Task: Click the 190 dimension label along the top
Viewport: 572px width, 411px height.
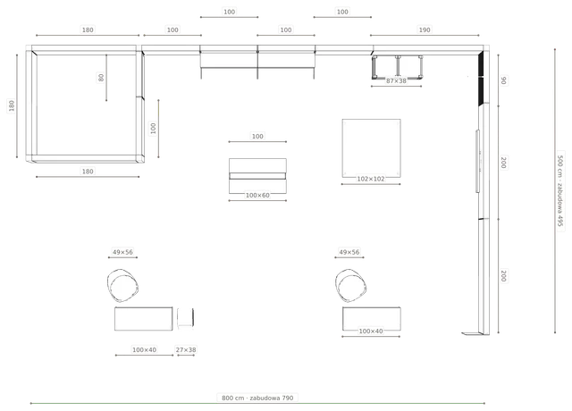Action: coord(425,29)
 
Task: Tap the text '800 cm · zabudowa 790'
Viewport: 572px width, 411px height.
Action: coord(257,398)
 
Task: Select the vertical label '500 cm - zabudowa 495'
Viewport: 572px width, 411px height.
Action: coord(560,190)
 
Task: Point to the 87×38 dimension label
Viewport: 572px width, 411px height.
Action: coord(396,81)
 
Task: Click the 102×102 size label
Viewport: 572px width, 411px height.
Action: coord(371,179)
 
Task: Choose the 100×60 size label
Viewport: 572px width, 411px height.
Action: coord(257,196)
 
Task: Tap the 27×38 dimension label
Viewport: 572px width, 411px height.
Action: coord(186,350)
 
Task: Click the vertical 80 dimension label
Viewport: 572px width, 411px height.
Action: coord(101,78)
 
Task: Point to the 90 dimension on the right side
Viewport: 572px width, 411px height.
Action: coord(503,80)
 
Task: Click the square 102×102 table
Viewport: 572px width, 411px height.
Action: coord(372,148)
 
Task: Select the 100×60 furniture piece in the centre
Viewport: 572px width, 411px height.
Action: coord(257,176)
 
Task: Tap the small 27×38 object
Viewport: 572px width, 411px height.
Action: coord(186,318)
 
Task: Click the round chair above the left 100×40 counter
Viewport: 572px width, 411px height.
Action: coord(123,286)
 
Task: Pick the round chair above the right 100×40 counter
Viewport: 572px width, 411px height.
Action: coord(350,286)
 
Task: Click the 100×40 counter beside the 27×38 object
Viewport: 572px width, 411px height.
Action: coord(143,319)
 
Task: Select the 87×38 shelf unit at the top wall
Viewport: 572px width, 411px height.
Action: coord(397,67)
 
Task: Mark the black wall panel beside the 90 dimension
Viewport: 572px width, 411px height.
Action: coord(481,79)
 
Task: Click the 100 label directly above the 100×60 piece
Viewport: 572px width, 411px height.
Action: coord(257,137)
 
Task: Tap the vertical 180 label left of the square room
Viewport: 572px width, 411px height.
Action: coord(12,105)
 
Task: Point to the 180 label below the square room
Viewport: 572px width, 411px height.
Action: coord(88,172)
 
